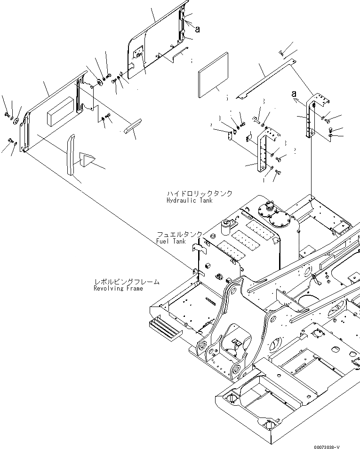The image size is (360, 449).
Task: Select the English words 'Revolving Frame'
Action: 118,289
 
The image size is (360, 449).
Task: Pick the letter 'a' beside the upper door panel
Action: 197,29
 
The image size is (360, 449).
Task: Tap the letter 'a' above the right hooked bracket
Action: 294,93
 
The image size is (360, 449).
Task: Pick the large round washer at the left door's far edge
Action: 17,122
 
